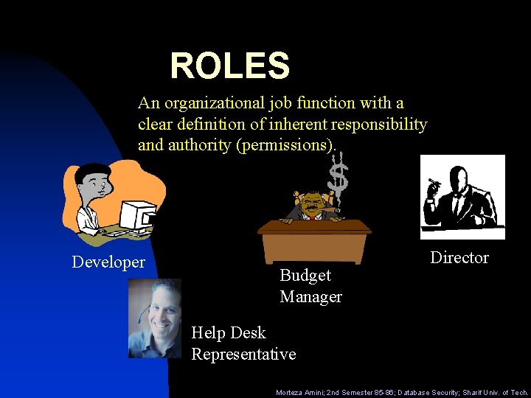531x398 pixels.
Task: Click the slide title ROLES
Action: pyautogui.click(x=229, y=66)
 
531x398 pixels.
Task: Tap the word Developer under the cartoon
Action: pyautogui.click(x=108, y=262)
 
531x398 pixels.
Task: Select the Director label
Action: pyautogui.click(x=459, y=257)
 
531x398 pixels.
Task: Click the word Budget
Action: pyautogui.click(x=305, y=275)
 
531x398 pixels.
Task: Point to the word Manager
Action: pyautogui.click(x=310, y=296)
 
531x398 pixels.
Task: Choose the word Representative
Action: pyautogui.click(x=243, y=354)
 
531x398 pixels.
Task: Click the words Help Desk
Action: pyautogui.click(x=229, y=332)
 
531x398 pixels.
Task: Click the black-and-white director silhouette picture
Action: pyautogui.click(x=462, y=197)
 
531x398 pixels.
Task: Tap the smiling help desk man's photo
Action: pyautogui.click(x=156, y=318)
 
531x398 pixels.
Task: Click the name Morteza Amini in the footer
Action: pyautogui.click(x=298, y=393)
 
